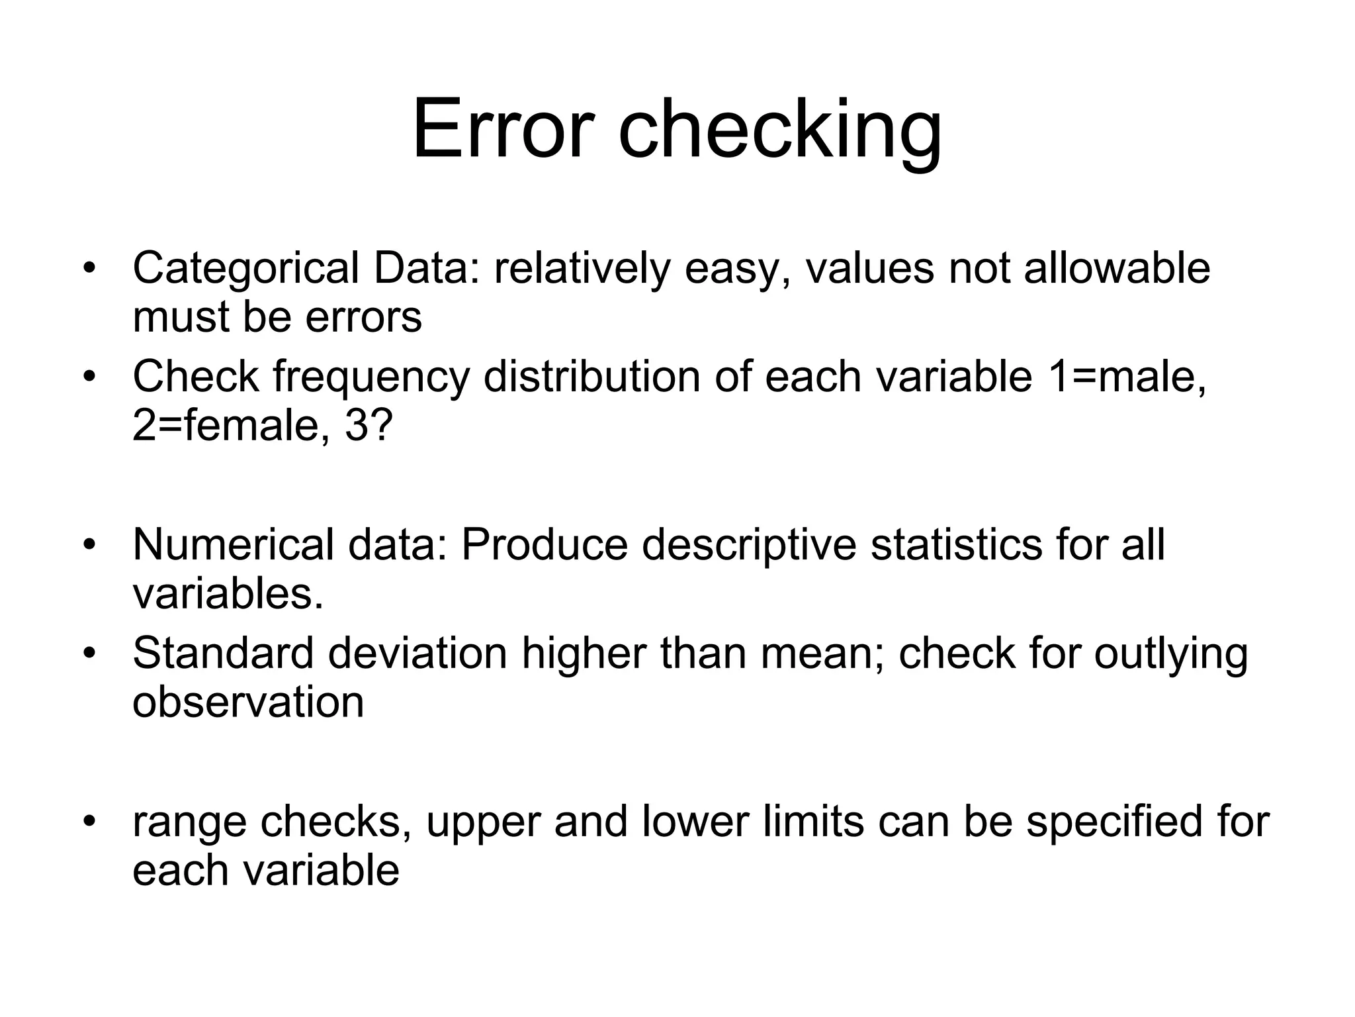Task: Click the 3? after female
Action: coord(369,425)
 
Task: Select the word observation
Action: coord(248,702)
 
